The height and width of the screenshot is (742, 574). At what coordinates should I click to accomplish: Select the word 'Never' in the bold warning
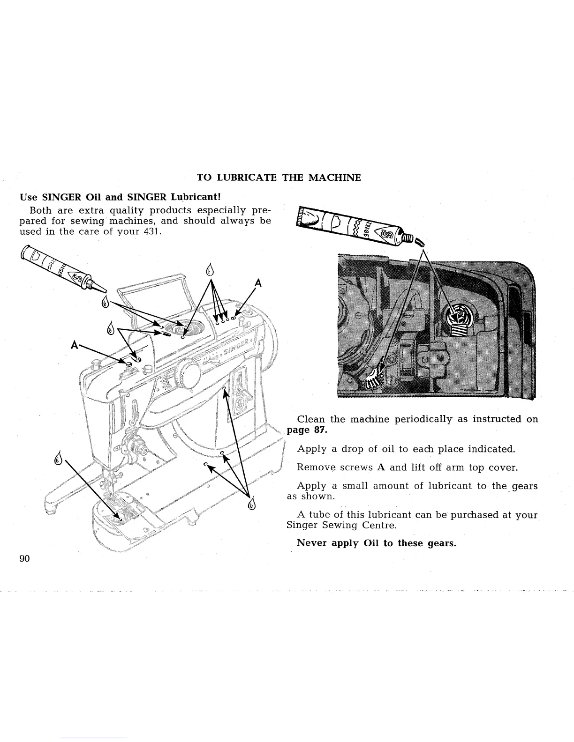point(312,543)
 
